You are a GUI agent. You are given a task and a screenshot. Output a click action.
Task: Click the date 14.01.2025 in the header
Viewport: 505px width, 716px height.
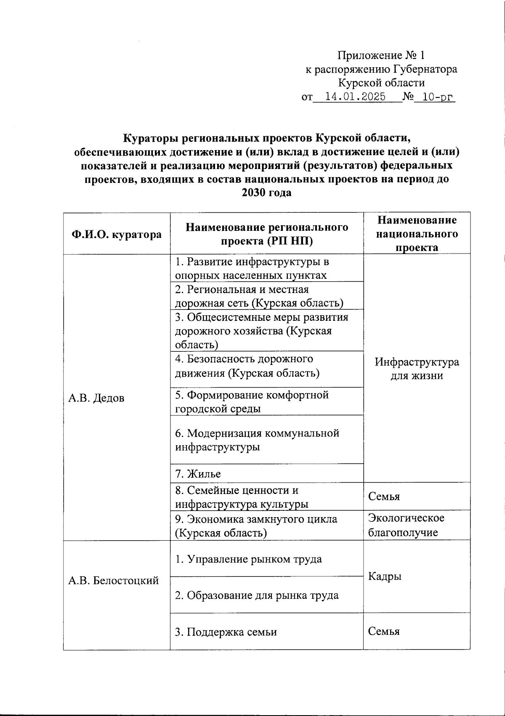[356, 97]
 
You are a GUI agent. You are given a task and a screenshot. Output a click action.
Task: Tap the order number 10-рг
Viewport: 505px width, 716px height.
[438, 97]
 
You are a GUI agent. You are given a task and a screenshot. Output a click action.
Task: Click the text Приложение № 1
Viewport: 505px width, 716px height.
[381, 55]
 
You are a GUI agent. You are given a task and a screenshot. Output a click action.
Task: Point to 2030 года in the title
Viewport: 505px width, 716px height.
[266, 193]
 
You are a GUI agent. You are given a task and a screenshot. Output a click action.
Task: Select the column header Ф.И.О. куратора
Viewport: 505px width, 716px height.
[117, 234]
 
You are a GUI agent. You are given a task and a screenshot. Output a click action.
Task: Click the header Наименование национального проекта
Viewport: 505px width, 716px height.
[417, 233]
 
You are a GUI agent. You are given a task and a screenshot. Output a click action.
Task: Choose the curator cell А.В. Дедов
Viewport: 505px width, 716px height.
[96, 398]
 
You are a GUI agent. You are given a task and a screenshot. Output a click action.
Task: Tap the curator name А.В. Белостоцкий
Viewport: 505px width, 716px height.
[114, 581]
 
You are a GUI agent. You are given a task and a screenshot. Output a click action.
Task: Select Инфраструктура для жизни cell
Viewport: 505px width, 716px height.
[417, 369]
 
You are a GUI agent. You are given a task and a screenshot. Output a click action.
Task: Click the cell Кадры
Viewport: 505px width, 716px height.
[385, 576]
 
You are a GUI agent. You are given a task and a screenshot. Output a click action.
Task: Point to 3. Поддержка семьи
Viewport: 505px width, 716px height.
[226, 632]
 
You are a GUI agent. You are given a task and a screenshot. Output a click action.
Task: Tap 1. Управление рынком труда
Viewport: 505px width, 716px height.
[248, 559]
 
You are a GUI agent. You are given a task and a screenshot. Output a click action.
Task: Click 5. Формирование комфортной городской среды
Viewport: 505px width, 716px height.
[252, 402]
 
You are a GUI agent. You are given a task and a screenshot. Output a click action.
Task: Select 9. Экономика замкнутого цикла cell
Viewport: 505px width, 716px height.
[256, 526]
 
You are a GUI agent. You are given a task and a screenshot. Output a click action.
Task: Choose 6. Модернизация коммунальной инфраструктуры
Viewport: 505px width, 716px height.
[257, 440]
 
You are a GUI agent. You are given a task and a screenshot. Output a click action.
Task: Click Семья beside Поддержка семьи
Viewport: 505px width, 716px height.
[383, 631]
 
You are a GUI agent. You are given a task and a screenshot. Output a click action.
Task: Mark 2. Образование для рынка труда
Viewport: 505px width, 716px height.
[257, 595]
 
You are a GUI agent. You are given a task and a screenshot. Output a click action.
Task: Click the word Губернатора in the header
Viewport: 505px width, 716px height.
[425, 69]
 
